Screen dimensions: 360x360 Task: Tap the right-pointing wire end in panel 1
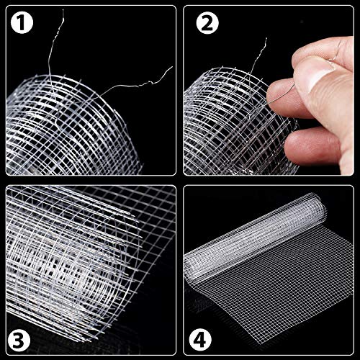click(x=171, y=69)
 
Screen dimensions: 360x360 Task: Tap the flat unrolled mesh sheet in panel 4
click(x=281, y=302)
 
